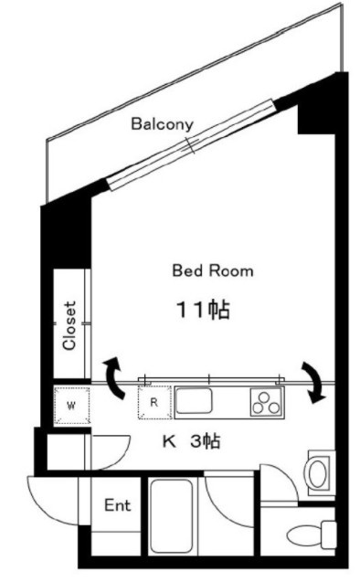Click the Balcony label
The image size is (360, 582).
pos(163,124)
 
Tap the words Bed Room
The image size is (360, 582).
pos(213,270)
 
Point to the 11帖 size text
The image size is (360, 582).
pos(203,309)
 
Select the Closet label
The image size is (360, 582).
pos(69,325)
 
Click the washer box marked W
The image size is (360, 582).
pos(72,406)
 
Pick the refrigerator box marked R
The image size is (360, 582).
pos(154,402)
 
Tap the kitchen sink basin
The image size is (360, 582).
pos(194,400)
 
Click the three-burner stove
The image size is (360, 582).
pos(266,402)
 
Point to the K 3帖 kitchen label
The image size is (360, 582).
pos(192,441)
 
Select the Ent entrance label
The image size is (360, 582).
pos(118,505)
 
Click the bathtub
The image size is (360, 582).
pos(173,517)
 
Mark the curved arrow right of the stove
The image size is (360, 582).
pos(314,382)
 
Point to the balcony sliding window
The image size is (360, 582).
pos(191,144)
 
